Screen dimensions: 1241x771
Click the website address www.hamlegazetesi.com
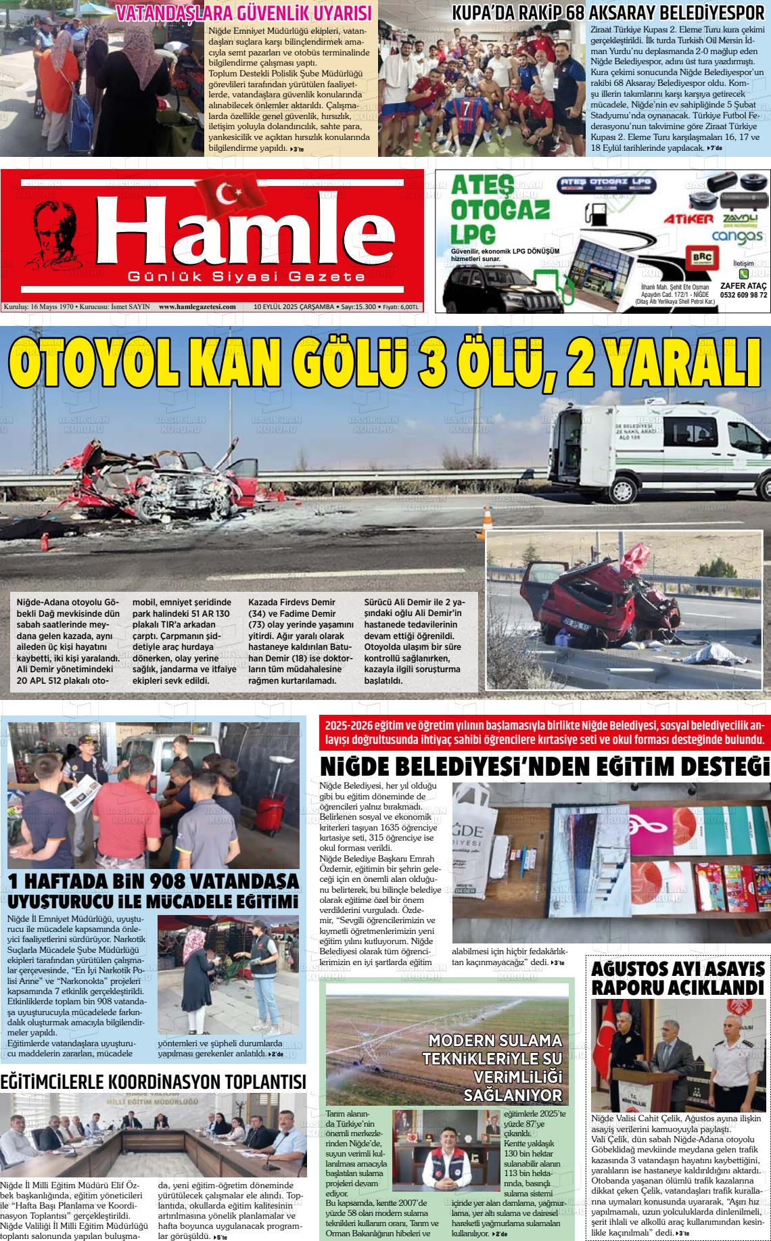(197, 306)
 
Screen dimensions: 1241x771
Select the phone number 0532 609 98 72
(743, 295)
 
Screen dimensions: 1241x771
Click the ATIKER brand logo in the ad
(688, 219)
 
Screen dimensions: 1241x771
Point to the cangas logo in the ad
(737, 237)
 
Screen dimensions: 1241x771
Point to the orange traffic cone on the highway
(488, 517)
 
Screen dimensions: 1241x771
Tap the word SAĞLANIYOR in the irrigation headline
(513, 1096)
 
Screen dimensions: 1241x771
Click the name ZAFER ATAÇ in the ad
(743, 285)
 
